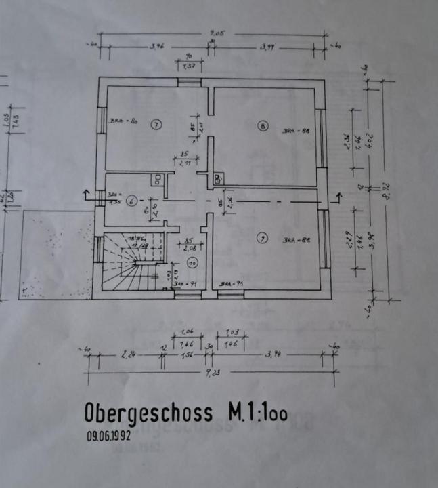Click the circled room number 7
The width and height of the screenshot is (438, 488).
point(156,125)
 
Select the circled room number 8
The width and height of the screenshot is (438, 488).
point(262,125)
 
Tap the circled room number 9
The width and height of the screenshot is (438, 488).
point(262,237)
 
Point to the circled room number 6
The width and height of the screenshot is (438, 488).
point(131,200)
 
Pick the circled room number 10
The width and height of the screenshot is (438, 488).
point(191,264)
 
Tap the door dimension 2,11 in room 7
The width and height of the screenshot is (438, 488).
point(183,163)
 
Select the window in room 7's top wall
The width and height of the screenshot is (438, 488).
point(190,81)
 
